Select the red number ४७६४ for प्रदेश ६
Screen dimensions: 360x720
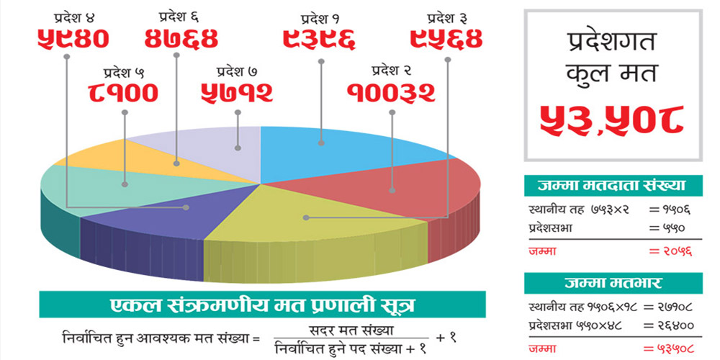(181, 37)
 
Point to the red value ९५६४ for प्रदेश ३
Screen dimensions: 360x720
(446, 37)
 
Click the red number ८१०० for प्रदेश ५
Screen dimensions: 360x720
(124, 92)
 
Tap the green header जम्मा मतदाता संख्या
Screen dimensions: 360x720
(612, 186)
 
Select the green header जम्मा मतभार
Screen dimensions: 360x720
(612, 282)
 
